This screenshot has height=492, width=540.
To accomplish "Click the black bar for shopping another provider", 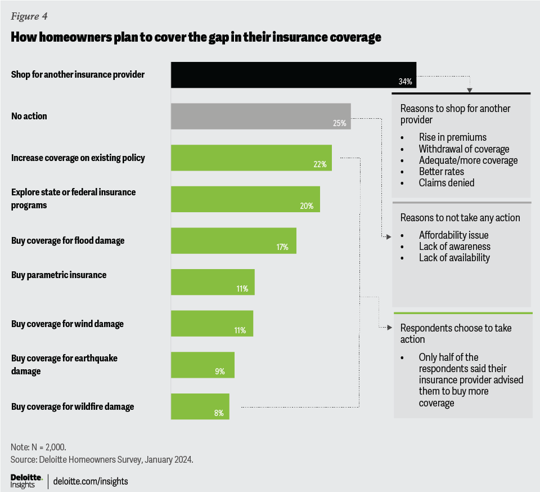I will pyautogui.click(x=293, y=75).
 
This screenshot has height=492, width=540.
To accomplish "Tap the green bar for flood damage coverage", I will pyautogui.click(x=233, y=240).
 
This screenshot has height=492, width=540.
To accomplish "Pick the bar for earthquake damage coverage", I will pyautogui.click(x=202, y=365).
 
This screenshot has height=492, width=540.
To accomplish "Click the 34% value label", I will pyautogui.click(x=405, y=82).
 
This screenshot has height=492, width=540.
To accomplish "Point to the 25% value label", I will pyautogui.click(x=339, y=123).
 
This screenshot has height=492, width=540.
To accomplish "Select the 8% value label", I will pyautogui.click(x=219, y=413).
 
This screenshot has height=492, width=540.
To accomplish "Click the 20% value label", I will pyautogui.click(x=307, y=206).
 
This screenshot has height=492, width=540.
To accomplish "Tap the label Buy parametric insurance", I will pyautogui.click(x=58, y=275).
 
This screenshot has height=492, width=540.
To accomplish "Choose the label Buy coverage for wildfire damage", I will pyautogui.click(x=73, y=406).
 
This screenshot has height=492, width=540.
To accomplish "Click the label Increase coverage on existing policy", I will pyautogui.click(x=78, y=158).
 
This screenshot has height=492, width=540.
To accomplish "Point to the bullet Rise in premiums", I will pyautogui.click(x=452, y=137).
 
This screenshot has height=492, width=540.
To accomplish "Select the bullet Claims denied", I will pyautogui.click(x=446, y=182).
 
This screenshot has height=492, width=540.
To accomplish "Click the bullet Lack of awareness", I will pyautogui.click(x=454, y=246).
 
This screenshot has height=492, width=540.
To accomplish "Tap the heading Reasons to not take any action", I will pyautogui.click(x=460, y=217).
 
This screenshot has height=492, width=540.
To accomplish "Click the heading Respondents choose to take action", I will pyautogui.click(x=456, y=333).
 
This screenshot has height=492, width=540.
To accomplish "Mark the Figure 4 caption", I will pyautogui.click(x=29, y=15).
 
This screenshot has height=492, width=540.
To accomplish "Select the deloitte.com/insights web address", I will pyautogui.click(x=91, y=481).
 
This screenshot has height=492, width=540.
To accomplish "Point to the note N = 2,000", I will pyautogui.click(x=38, y=447).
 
